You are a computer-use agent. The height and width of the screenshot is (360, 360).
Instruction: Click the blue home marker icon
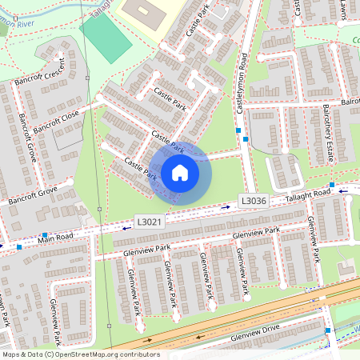click(x=180, y=172)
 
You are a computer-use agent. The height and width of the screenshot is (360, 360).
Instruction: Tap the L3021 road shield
click(x=150, y=222)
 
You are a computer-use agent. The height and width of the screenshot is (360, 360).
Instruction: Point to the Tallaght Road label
click(x=309, y=194)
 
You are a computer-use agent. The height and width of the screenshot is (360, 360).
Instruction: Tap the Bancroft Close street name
click(x=56, y=123)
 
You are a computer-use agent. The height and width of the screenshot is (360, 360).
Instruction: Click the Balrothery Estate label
click(x=327, y=132)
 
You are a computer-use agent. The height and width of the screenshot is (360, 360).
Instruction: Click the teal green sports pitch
click(x=106, y=38)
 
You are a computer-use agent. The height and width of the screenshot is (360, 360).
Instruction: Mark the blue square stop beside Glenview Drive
click(x=328, y=330)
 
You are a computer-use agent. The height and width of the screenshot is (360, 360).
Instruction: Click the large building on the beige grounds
click(x=142, y=14)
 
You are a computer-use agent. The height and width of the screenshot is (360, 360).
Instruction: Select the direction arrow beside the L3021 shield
click(x=127, y=228)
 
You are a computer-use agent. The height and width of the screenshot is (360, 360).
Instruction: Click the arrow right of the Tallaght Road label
click(x=343, y=191)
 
